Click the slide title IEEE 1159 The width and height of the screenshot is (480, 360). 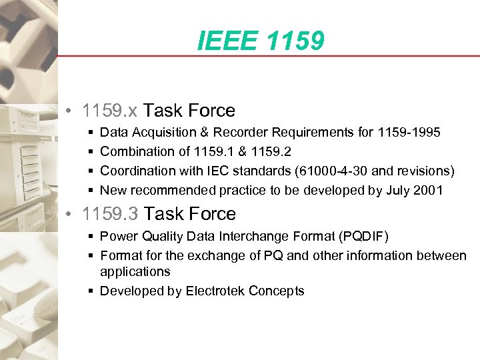261,41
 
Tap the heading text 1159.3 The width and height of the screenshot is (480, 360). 111,214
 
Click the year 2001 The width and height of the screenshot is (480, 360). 427,190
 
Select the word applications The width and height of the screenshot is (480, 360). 135,271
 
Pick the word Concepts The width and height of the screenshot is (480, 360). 279,291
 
